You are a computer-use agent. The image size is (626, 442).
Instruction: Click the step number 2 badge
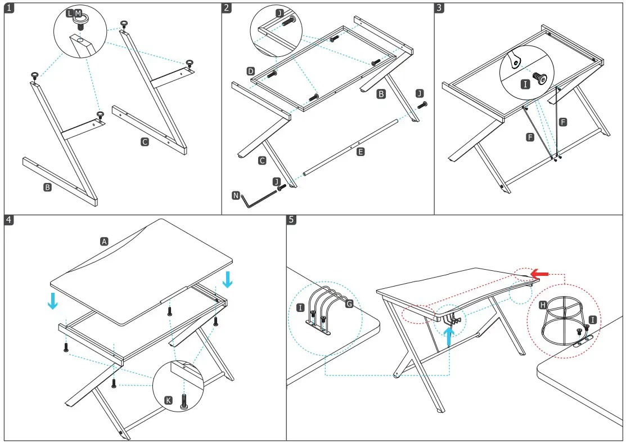coord(227,8)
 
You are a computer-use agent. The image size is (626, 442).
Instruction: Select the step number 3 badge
coord(439,8)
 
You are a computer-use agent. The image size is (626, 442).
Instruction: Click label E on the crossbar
coord(361,151)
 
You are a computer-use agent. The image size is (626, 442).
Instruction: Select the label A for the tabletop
coord(103,241)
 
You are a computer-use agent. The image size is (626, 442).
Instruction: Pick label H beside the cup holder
coord(542,305)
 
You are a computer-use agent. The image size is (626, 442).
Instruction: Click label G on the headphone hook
coord(349,304)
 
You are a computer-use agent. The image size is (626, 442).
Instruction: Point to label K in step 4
coord(168,400)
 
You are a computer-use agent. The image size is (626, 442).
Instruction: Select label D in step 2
coord(251,71)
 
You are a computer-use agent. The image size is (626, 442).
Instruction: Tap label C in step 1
coord(145,142)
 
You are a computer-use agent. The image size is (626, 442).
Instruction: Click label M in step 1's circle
coord(78,13)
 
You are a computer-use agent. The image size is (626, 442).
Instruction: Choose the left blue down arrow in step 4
coord(52,300)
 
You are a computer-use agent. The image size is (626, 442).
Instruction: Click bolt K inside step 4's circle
coord(184,400)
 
